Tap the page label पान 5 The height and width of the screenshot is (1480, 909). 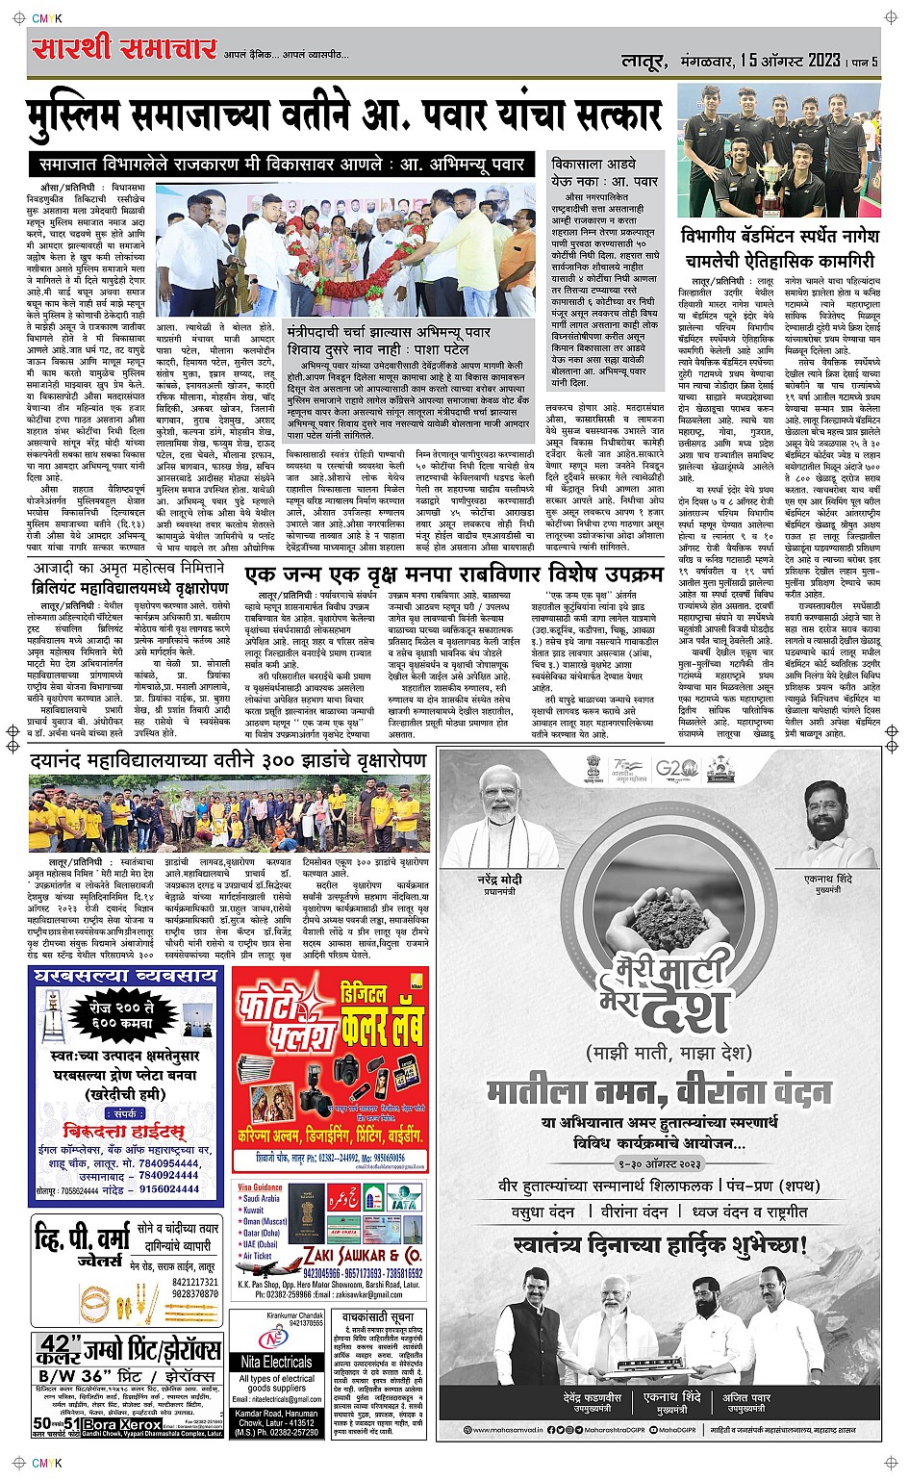[x=863, y=63]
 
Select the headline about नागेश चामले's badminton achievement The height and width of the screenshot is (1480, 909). [x=778, y=248]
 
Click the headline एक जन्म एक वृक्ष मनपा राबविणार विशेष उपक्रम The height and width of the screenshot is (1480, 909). [x=453, y=574]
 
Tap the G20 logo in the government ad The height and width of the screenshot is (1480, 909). [x=675, y=769]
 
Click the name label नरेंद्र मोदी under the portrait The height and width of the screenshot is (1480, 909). [x=499, y=880]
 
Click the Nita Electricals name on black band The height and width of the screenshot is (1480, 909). [x=276, y=1362]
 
